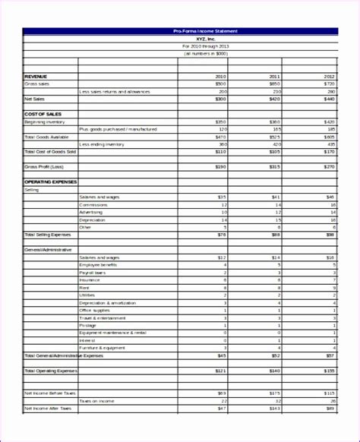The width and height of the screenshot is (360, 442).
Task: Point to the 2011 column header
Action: pyautogui.click(x=275, y=77)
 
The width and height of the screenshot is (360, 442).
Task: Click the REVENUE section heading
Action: pyautogui.click(x=36, y=77)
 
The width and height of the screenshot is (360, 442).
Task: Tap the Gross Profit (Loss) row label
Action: pyautogui.click(x=43, y=166)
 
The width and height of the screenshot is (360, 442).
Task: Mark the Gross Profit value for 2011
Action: pyautogui.click(x=274, y=166)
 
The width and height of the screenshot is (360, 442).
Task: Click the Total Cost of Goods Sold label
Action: pyautogui.click(x=50, y=151)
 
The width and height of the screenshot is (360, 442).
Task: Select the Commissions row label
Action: pyautogui.click(x=94, y=205)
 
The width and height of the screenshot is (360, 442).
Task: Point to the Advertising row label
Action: pyautogui.click(x=93, y=213)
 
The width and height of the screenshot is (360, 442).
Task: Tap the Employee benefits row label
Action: pyautogui.click(x=99, y=265)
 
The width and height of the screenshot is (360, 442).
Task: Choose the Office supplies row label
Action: pyautogui.click(x=96, y=310)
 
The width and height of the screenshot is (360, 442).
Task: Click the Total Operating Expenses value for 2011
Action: pyautogui.click(x=274, y=370)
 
